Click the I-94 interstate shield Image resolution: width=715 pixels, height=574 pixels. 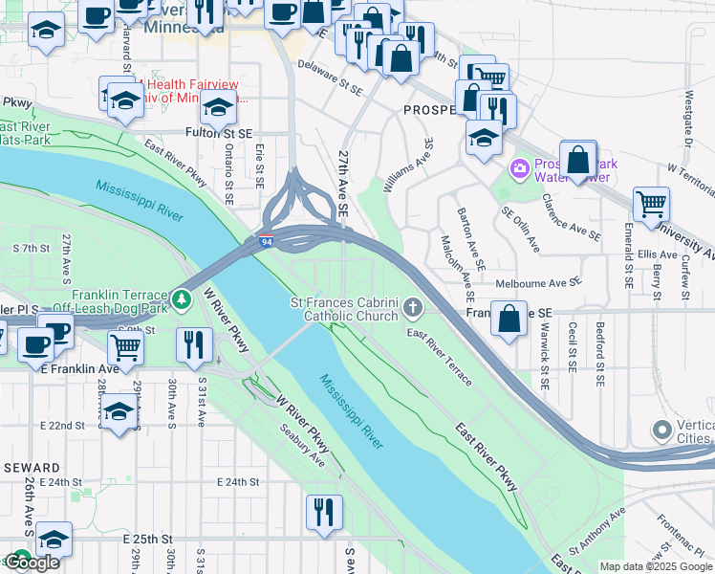tap(267, 243)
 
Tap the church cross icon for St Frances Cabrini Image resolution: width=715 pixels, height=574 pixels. tap(413, 307)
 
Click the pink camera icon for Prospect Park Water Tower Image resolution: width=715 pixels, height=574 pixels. tap(520, 169)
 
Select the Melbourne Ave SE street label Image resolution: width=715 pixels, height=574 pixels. tap(537, 283)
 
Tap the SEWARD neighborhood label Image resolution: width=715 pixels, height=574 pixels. tap(32, 466)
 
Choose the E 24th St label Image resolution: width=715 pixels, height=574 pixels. tap(238, 482)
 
